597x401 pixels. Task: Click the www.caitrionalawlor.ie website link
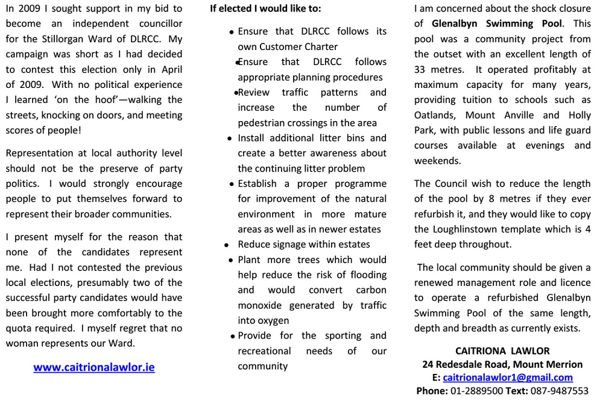pos(94,367)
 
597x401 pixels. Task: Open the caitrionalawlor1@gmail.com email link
pos(507,378)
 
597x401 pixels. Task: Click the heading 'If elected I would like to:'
pos(265,9)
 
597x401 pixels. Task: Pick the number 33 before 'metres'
pos(422,69)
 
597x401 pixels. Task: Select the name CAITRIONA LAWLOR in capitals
pos(502,350)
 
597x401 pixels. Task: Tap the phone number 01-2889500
pos(477,391)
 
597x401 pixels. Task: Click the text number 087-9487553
pos(560,391)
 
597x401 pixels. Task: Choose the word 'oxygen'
pos(274,321)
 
